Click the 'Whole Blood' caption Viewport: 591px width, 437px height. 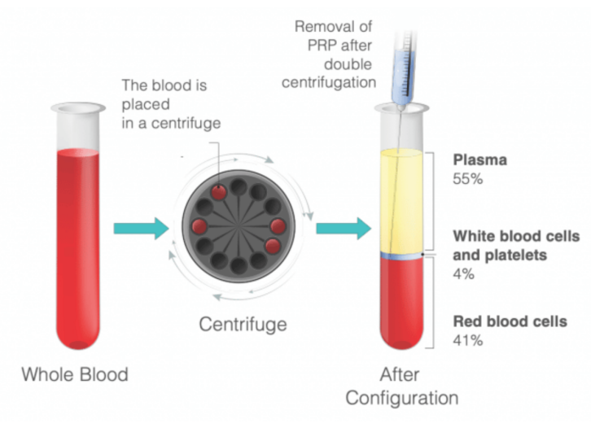click(x=75, y=375)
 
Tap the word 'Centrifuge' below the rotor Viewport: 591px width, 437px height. click(x=243, y=325)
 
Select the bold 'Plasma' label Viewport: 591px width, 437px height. click(x=479, y=160)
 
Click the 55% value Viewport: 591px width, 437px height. click(x=468, y=178)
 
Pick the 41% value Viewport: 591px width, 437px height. click(x=467, y=340)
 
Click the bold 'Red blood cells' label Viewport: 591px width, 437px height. click(x=510, y=321)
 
